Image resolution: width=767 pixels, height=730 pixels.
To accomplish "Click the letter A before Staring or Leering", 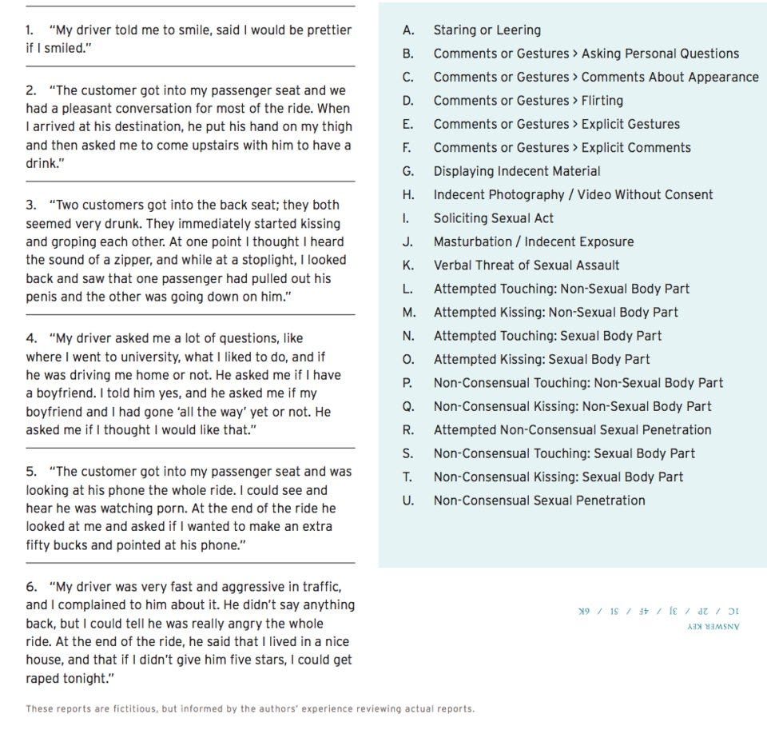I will click(x=408, y=30).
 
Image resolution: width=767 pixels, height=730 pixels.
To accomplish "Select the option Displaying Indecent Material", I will click(x=516, y=171).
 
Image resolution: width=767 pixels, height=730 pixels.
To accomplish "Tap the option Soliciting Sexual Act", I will click(x=493, y=218).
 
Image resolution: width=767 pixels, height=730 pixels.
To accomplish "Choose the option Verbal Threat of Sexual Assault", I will click(x=526, y=265).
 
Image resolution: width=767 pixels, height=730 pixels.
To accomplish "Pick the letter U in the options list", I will click(x=408, y=501).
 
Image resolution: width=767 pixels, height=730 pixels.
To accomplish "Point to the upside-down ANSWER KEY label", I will click(x=713, y=627).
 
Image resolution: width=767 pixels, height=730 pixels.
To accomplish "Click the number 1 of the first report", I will click(x=30, y=30).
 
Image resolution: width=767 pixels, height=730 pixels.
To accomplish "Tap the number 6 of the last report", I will click(x=30, y=587).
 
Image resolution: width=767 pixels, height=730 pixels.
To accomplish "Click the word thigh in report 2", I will click(x=336, y=126).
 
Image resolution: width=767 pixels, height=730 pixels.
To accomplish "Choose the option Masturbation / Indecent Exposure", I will click(x=533, y=241).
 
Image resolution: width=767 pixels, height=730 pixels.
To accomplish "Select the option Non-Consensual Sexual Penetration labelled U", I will click(x=538, y=501).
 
